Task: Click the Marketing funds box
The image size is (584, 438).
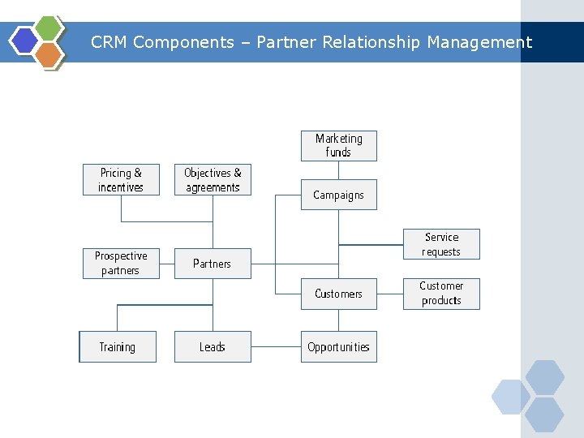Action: (x=339, y=146)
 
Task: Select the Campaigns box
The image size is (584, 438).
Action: (x=339, y=195)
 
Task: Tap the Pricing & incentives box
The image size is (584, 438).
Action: (x=121, y=180)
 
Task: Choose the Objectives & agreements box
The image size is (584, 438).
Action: (x=213, y=180)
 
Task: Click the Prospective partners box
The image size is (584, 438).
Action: (x=121, y=263)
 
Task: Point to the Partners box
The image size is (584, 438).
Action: (x=213, y=264)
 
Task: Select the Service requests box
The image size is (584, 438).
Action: (x=441, y=244)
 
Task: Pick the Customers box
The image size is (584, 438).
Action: (x=339, y=294)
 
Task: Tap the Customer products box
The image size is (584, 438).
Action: (x=441, y=294)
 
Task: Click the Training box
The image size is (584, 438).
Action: (x=118, y=347)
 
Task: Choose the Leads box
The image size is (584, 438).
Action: (x=213, y=347)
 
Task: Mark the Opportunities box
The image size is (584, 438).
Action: (x=339, y=347)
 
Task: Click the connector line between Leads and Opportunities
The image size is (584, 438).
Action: (x=276, y=347)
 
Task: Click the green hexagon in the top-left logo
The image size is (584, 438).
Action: (x=49, y=29)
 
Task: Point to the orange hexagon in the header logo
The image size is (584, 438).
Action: (x=49, y=54)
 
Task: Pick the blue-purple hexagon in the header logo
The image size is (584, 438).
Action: (x=25, y=41)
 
